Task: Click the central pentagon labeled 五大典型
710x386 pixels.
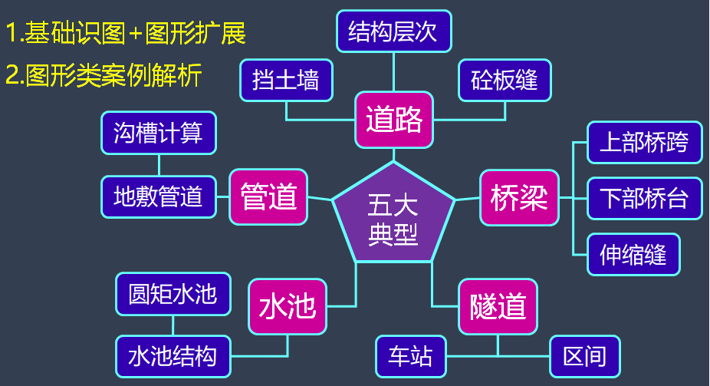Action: point(393,219)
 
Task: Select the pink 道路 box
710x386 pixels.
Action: point(394,120)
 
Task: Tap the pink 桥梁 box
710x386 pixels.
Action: point(519,198)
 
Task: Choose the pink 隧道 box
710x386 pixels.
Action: point(498,307)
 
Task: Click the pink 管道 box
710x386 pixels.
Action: point(268,197)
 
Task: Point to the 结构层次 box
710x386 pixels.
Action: point(393,32)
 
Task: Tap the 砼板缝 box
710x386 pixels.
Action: point(505,80)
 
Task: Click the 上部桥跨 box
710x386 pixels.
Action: point(644,142)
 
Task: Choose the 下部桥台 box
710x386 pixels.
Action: point(644,198)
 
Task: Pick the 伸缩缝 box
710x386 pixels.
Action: point(633,254)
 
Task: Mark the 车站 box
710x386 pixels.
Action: point(411,356)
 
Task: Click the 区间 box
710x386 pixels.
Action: point(584,356)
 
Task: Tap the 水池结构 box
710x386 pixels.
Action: point(173,356)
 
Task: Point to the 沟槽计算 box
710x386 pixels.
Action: point(159,134)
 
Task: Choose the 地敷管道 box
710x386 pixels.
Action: point(159,196)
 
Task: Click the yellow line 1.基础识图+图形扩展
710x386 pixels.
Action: point(126,33)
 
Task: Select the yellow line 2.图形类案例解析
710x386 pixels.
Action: point(104,75)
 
